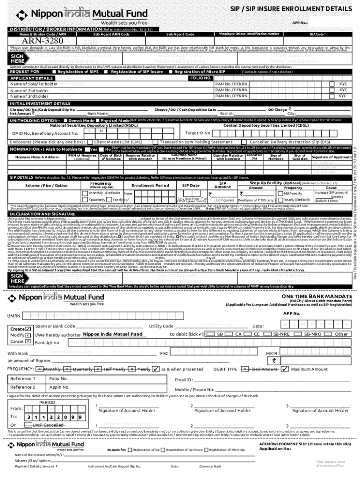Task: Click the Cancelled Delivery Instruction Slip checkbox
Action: click(246, 141)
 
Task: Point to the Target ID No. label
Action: click(198, 133)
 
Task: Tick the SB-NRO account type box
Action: click(299, 334)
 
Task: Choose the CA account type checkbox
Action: click(231, 334)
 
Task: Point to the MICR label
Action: click(272, 353)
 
